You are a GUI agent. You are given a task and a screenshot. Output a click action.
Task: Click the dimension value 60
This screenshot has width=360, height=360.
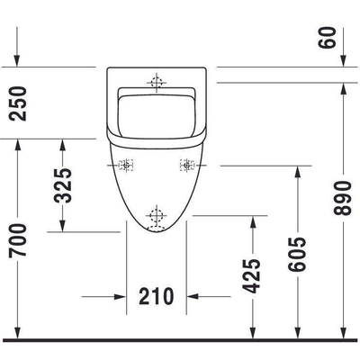(x=327, y=37)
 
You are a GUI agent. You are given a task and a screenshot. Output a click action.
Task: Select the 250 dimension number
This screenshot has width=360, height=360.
(x=18, y=103)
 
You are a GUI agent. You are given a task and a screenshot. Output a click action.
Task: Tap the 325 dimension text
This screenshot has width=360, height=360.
(x=63, y=185)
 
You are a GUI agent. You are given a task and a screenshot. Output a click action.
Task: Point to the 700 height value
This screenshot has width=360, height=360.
(x=18, y=239)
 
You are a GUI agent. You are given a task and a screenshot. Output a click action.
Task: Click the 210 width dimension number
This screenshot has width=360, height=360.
(x=157, y=296)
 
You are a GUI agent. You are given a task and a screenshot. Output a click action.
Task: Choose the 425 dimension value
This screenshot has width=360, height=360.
(x=251, y=275)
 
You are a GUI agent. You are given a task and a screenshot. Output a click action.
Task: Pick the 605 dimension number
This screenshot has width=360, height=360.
(x=297, y=255)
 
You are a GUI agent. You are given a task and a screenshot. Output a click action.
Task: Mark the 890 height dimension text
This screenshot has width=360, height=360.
(x=342, y=198)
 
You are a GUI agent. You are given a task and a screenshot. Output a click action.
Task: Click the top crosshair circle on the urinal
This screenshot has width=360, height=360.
(x=157, y=82)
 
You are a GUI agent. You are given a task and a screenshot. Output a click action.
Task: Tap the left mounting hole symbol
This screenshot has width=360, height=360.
(x=126, y=165)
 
